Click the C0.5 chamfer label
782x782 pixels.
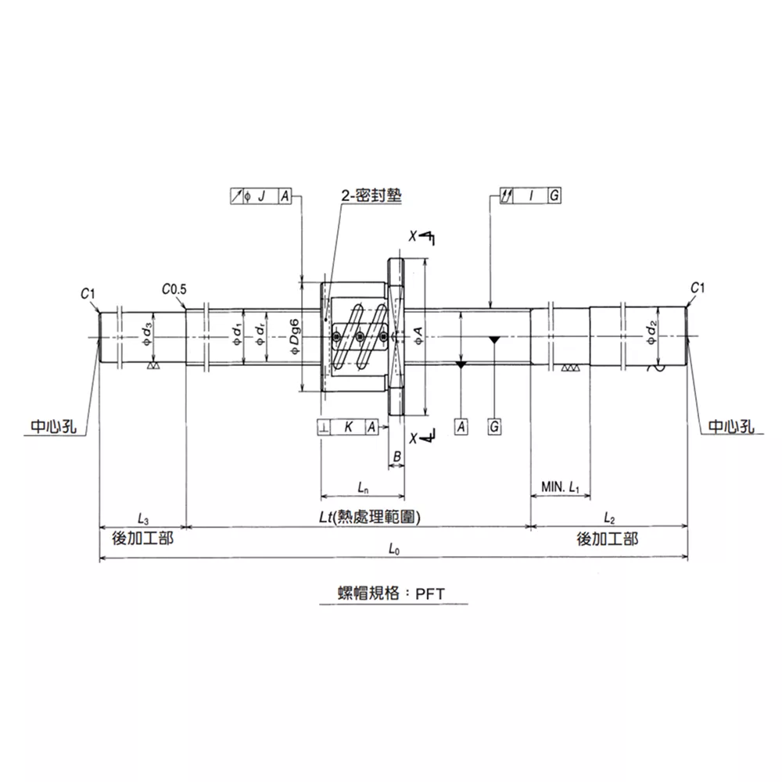[x=174, y=289]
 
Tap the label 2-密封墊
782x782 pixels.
[x=371, y=195]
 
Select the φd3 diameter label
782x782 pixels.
[x=147, y=334]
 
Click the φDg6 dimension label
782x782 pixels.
[x=295, y=337]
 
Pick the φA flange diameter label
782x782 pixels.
[x=418, y=335]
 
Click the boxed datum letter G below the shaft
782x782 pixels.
[x=494, y=427]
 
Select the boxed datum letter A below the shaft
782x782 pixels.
[x=461, y=427]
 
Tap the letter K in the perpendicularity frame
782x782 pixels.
[x=349, y=427]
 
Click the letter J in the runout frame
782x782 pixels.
[x=261, y=196]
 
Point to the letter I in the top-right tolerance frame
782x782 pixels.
[x=531, y=195]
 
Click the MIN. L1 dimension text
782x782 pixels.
[x=561, y=486]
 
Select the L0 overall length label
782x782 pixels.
[x=394, y=549]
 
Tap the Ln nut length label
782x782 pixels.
[x=363, y=487]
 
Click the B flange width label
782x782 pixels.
[x=397, y=457]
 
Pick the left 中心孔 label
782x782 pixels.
[x=54, y=427]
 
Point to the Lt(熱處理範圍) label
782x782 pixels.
[x=370, y=517]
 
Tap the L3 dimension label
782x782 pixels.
[x=143, y=518]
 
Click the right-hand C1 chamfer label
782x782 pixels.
[x=698, y=288]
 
